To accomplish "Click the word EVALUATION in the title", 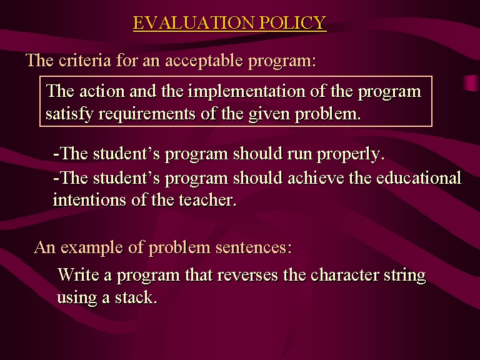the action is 194,22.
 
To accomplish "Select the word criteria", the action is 85,60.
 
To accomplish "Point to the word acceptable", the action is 204,61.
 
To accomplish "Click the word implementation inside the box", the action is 246,91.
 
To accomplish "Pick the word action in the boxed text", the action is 102,91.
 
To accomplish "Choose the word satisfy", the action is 69,114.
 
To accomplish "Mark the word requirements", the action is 147,114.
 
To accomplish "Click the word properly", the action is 351,154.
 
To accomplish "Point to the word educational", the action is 419,178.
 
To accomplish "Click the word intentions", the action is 89,200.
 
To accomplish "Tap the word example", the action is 92,247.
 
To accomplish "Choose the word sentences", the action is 254,247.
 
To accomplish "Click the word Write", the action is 78,274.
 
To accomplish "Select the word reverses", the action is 247,275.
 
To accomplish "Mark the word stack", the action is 136,297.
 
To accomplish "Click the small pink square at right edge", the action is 471,82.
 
